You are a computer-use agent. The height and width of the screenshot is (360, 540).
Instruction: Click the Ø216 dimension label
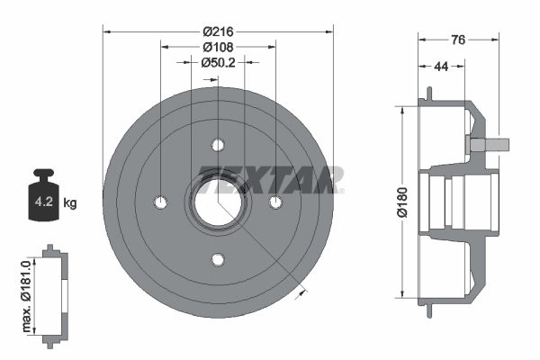[219, 30]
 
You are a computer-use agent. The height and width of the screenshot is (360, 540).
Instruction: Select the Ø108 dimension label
[219, 46]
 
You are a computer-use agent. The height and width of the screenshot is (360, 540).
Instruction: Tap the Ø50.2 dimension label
[219, 62]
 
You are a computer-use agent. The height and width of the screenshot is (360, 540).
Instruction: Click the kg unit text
[70, 202]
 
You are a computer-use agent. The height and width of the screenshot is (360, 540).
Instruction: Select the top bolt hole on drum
[219, 144]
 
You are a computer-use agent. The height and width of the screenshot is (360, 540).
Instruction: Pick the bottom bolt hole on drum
[219, 260]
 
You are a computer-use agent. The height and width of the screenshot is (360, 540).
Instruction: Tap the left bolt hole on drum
[160, 202]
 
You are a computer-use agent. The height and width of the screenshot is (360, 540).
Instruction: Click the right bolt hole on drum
[276, 202]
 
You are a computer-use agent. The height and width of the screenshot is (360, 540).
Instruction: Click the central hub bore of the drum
[219, 202]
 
